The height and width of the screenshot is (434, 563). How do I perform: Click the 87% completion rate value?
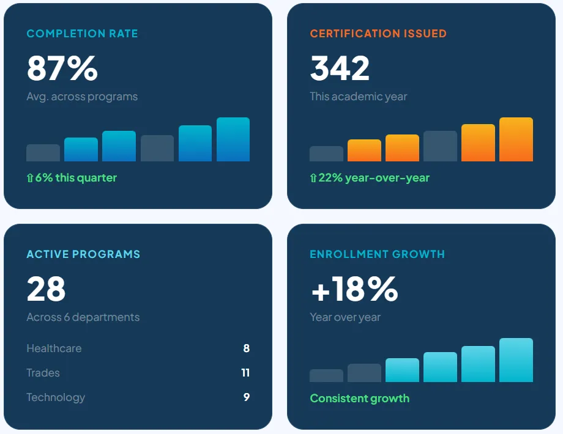click(x=62, y=68)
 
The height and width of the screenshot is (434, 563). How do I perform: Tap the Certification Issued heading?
click(x=378, y=34)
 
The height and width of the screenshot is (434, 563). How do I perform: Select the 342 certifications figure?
click(x=340, y=68)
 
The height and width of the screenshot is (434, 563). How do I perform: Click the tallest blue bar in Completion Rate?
click(x=233, y=139)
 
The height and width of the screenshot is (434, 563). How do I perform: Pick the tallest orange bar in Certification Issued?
click(x=516, y=139)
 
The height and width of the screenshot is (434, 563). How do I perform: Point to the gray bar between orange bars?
click(x=440, y=146)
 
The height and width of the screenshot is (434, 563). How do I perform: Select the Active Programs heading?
click(x=83, y=254)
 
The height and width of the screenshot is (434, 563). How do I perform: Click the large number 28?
click(x=46, y=289)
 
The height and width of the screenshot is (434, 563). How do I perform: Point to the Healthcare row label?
click(x=54, y=348)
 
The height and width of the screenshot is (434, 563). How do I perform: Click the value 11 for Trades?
click(x=245, y=373)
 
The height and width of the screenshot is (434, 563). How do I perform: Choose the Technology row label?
click(x=56, y=397)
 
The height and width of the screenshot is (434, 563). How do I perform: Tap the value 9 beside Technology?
click(x=247, y=397)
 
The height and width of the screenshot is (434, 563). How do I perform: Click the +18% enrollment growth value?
click(x=354, y=289)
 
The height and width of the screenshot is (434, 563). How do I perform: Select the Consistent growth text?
click(x=359, y=399)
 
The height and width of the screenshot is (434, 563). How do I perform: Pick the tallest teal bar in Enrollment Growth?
click(x=516, y=360)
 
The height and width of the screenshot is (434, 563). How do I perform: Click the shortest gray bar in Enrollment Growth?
click(x=326, y=375)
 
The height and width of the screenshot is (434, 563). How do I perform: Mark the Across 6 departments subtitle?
click(x=83, y=317)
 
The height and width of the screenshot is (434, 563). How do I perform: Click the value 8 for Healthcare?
click(x=247, y=348)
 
